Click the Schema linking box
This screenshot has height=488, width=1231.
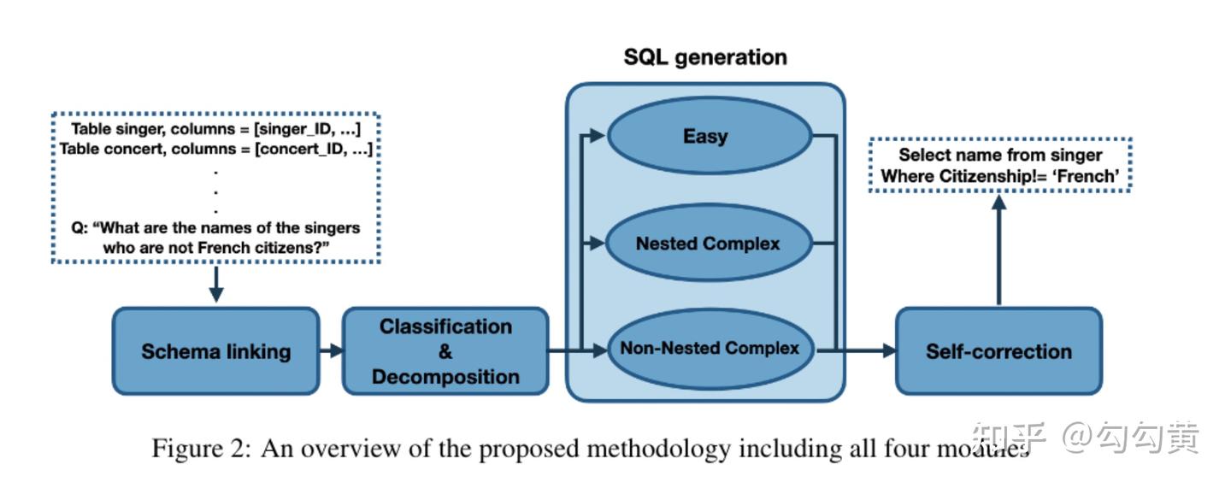coord(215,351)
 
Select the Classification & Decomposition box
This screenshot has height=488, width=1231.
coord(445,351)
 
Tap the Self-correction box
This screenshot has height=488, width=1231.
coord(998,351)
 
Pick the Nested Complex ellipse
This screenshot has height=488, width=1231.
coord(709,244)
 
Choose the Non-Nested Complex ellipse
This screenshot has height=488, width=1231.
coord(709,349)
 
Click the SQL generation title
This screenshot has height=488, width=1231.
coord(704,57)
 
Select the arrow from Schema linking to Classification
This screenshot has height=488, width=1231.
coord(331,351)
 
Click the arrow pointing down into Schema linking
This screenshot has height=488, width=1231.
coord(215,285)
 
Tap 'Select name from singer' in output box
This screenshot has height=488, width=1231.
coord(1000,155)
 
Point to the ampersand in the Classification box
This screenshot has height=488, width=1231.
coord(445,351)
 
